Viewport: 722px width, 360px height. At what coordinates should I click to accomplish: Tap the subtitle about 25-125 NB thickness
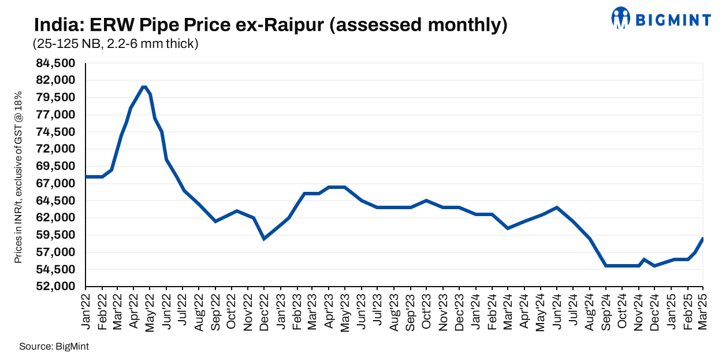[116, 44]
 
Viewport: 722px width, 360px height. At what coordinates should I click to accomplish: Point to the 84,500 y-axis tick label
[57, 63]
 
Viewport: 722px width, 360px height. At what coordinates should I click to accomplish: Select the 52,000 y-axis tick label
[57, 287]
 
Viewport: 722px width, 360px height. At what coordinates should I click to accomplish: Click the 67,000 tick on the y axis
[57, 184]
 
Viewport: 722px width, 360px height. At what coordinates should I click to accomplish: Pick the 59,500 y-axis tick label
[57, 235]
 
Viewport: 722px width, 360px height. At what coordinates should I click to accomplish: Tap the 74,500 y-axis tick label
[57, 132]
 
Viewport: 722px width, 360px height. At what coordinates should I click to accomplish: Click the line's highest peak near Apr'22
[144, 87]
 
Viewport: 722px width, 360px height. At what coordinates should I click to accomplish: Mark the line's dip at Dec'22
[264, 239]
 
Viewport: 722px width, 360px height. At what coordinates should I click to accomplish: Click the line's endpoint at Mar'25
[703, 239]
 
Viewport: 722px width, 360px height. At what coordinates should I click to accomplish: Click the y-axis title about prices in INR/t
[18, 177]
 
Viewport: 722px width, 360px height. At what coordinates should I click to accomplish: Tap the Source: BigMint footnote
[54, 347]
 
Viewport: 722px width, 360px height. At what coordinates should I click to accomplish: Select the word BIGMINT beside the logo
[673, 20]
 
